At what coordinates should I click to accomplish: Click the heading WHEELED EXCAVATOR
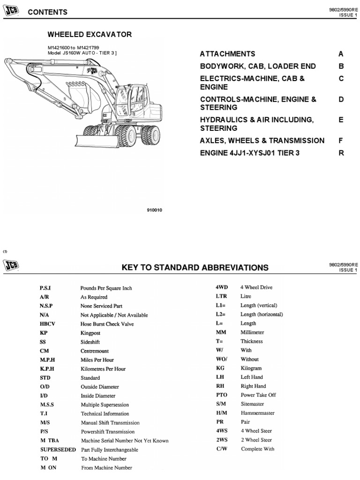point(90,34)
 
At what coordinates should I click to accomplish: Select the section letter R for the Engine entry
point(341,153)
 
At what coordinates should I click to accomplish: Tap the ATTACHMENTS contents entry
point(228,54)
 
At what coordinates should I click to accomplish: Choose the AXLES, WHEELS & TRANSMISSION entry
point(262,140)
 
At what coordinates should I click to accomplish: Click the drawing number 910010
point(155,210)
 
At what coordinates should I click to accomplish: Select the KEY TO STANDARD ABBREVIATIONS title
point(195,268)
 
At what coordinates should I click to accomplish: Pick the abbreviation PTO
point(221,395)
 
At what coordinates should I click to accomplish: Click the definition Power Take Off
point(258,395)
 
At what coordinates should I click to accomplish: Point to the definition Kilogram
point(251,368)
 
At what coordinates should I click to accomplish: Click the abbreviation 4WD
point(222,287)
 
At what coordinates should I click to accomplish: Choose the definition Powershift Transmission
point(108,431)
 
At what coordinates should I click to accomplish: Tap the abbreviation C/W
point(221,449)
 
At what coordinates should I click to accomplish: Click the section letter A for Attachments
point(341,54)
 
